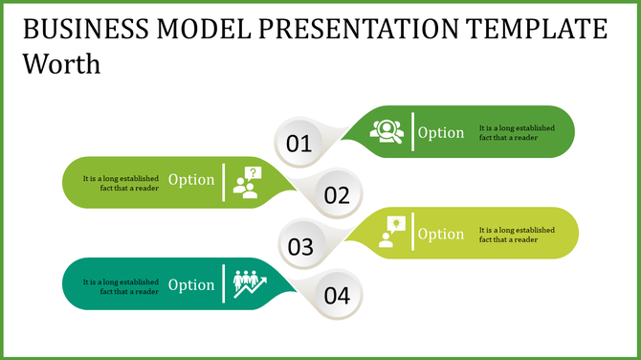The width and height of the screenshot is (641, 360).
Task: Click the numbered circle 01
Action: (299, 144)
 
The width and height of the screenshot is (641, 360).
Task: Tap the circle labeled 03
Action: (300, 247)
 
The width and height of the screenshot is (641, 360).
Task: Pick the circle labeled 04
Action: (337, 296)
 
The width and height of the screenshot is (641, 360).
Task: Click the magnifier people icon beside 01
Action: (387, 131)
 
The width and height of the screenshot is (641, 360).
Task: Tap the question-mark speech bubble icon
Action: (248, 182)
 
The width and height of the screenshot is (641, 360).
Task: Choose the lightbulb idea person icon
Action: (391, 233)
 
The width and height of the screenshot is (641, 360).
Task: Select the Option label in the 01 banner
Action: (441, 133)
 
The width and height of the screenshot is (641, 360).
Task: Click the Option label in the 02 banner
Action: (191, 180)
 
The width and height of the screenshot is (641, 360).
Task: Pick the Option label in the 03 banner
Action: (441, 234)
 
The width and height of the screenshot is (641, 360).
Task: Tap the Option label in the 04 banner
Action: (191, 284)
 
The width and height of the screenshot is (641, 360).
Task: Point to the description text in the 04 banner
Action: (121, 286)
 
